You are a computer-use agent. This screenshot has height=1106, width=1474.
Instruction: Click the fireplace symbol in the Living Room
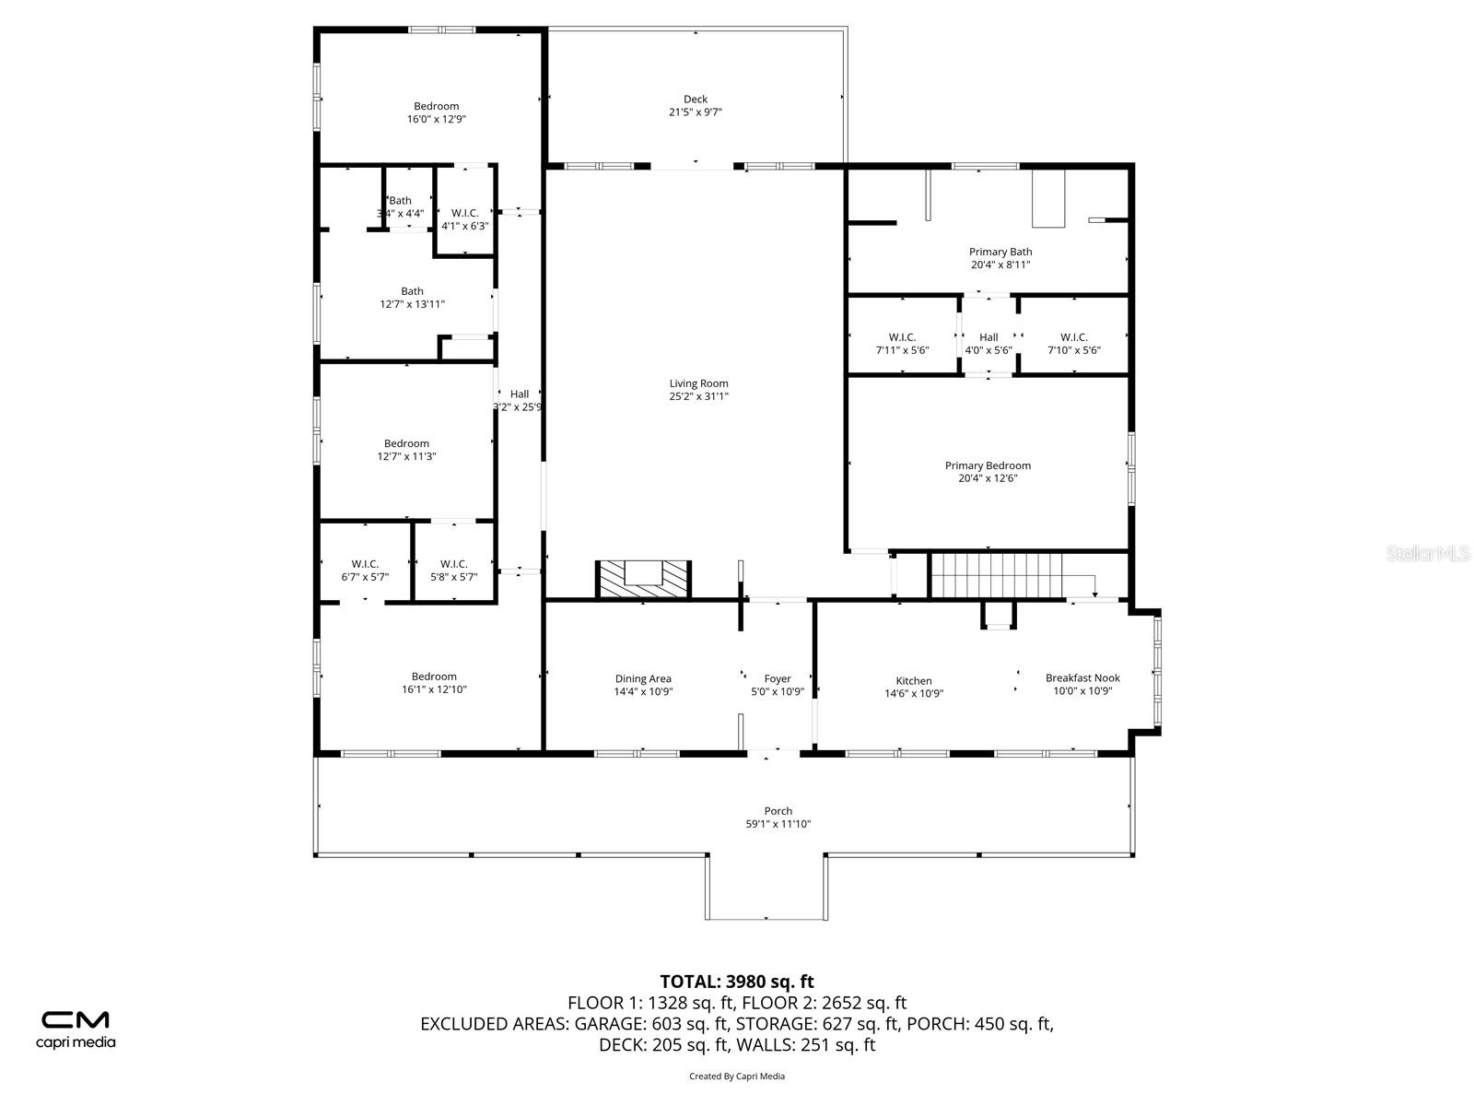coord(643,579)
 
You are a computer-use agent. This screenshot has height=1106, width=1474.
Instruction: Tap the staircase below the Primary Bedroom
coord(997,575)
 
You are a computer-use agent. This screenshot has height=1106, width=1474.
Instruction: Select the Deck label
coord(696,100)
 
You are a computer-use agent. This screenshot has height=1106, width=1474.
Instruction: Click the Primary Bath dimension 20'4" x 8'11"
coord(1000,265)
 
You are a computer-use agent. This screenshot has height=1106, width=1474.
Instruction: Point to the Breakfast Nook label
coord(1082,678)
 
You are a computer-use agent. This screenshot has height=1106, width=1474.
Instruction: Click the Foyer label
coord(778,679)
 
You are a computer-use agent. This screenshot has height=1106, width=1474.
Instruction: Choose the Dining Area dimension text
coord(643,691)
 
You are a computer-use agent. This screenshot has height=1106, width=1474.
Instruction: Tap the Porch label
coord(778,811)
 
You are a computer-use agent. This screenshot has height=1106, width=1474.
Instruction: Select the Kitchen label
coord(914,681)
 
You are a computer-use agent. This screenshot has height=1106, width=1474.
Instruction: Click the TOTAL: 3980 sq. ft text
coord(737,982)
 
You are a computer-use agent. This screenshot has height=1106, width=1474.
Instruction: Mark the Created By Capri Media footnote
coord(737,1076)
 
